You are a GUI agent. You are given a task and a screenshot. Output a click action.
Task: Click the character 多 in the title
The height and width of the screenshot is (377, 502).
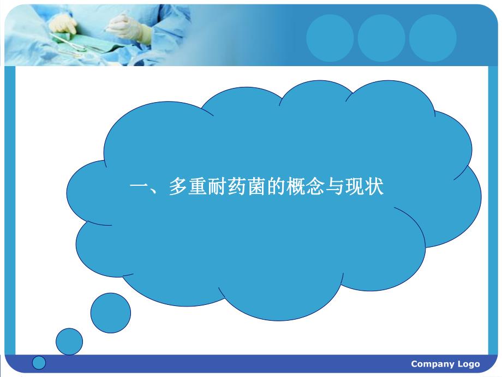point(178,188)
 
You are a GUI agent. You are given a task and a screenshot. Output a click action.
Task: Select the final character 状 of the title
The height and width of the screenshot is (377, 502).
point(375,188)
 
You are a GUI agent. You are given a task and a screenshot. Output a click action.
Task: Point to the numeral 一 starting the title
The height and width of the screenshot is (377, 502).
point(139,188)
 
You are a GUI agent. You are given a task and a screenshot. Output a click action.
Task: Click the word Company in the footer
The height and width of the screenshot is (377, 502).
point(432,364)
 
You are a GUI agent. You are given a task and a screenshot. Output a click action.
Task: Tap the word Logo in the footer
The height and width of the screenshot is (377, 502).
point(469,364)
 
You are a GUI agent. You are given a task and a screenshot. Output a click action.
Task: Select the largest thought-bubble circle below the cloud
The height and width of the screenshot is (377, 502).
point(111,313)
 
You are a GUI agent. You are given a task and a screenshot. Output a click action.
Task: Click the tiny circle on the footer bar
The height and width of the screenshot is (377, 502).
point(39,362)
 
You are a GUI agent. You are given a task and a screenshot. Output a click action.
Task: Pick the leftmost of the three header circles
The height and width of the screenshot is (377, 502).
point(330,38)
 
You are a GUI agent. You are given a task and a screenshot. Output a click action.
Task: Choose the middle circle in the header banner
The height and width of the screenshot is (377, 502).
point(381,38)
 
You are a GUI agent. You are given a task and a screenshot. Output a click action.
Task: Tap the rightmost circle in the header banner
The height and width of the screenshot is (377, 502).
point(433,38)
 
